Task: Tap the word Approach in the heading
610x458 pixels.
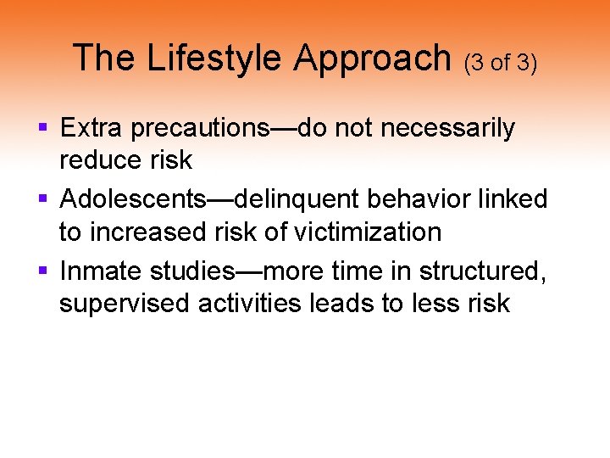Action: [374, 59]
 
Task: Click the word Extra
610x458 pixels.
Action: [88, 129]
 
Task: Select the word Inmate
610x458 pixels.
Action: [101, 271]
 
